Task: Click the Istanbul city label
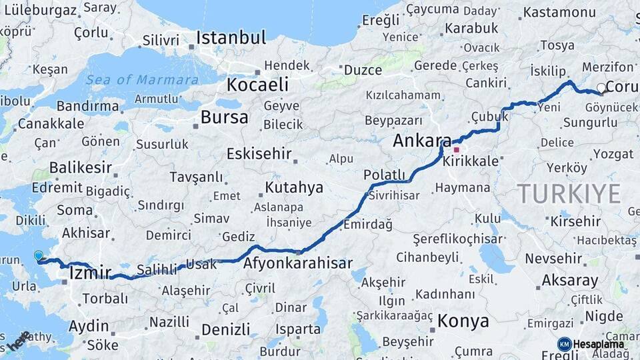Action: tap(231, 37)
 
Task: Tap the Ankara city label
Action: tap(422, 141)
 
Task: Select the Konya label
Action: tap(463, 321)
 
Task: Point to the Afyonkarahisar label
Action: tap(298, 263)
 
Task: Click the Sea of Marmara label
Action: tap(141, 80)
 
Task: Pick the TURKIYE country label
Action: tap(570, 194)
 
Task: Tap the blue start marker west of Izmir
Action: tap(39, 255)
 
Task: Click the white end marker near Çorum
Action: tap(601, 87)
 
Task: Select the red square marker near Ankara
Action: tap(456, 149)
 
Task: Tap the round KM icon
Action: tap(565, 344)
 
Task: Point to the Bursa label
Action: tap(225, 118)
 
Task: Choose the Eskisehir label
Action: tap(259, 154)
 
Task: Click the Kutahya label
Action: tap(294, 186)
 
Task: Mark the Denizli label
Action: tap(225, 329)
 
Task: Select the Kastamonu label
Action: tap(559, 13)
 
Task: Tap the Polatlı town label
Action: tap(385, 175)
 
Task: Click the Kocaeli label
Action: tap(257, 85)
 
